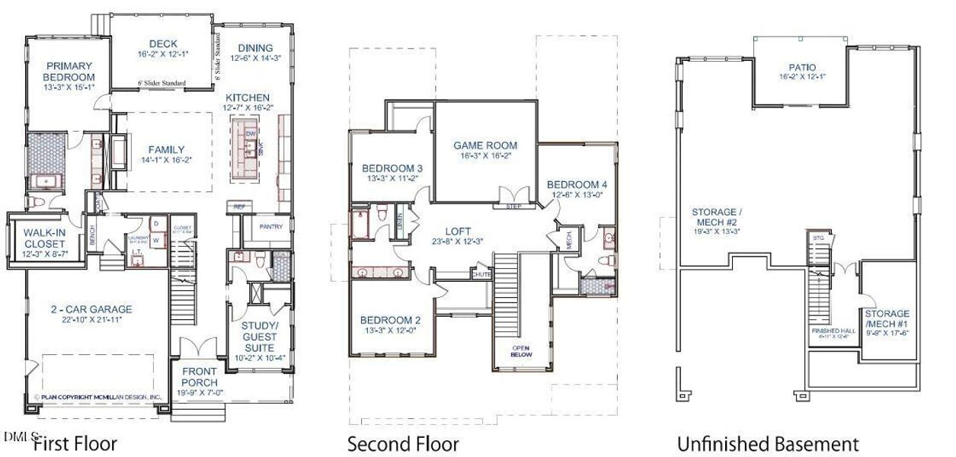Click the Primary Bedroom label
click(69, 72)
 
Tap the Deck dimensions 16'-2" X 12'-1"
click(163, 55)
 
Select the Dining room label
click(255, 47)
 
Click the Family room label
click(166, 149)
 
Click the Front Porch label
click(200, 376)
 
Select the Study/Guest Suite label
click(259, 337)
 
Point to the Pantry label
click(271, 226)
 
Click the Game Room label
click(485, 145)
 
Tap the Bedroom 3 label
click(392, 168)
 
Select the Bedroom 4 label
click(577, 184)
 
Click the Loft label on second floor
click(458, 231)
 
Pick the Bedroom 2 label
click(391, 320)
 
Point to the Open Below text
click(522, 351)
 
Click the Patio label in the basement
click(796, 67)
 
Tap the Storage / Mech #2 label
click(715, 217)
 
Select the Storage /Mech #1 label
click(887, 318)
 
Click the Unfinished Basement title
click(768, 444)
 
